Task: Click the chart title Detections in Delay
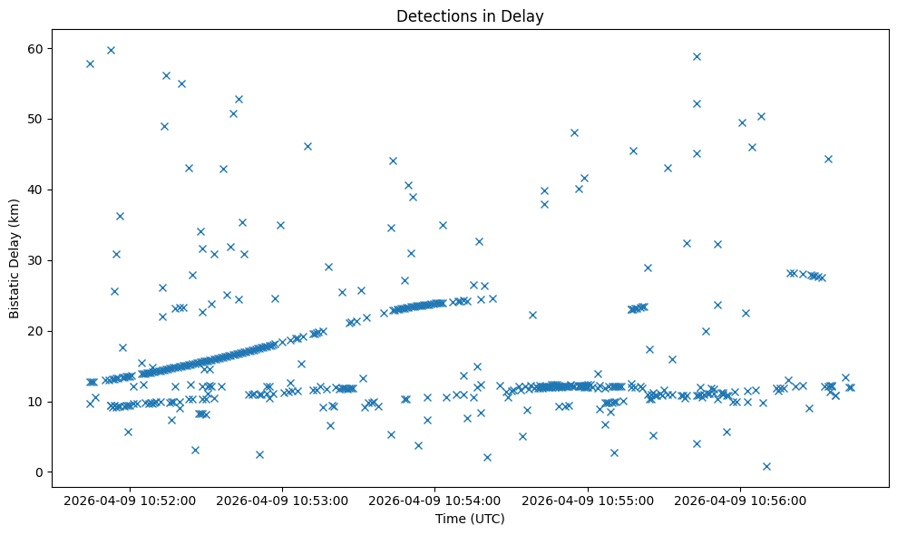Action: click(470, 15)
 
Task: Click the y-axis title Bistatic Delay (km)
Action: click(15, 259)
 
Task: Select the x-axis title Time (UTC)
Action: click(470, 519)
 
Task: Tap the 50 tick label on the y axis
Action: click(45, 119)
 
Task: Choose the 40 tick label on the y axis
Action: click(45, 190)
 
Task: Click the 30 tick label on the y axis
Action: click(45, 260)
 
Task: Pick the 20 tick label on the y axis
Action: click(45, 331)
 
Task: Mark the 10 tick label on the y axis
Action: click(45, 402)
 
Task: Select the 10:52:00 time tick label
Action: click(130, 500)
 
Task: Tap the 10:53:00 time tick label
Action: click(282, 500)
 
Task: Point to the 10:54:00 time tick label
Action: click(434, 500)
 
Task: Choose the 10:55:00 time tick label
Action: click(588, 500)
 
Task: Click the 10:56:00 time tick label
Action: click(740, 500)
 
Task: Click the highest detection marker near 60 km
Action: click(111, 50)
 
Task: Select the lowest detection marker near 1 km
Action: click(766, 466)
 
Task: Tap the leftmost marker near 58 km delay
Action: click(90, 63)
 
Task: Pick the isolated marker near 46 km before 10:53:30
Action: click(307, 146)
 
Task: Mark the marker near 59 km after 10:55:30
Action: click(697, 56)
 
